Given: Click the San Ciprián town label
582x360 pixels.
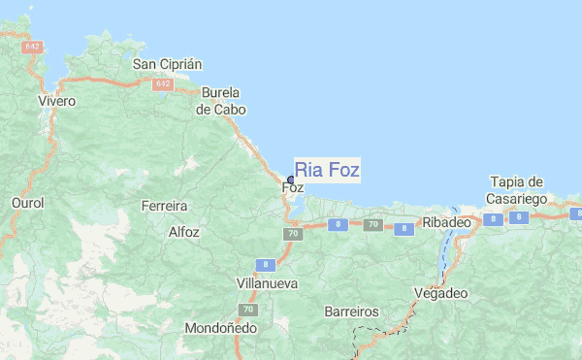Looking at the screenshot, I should [167, 64].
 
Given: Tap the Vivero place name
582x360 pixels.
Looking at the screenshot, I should [56, 100].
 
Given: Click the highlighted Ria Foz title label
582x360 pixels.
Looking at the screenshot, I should [328, 170].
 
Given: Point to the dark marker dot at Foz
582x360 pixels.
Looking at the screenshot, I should [291, 180].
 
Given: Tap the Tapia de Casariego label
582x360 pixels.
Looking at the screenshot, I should [519, 190].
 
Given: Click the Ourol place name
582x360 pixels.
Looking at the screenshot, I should [27, 203].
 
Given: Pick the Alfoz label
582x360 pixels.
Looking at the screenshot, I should [183, 232].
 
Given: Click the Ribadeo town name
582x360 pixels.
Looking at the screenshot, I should [446, 222].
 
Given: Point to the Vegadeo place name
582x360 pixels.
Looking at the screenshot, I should [440, 292].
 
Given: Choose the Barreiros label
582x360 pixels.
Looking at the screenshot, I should [351, 312].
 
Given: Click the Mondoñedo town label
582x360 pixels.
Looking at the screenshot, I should [220, 328].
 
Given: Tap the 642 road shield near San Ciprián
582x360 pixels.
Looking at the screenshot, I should [162, 84].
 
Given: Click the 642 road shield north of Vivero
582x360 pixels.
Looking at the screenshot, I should [33, 46].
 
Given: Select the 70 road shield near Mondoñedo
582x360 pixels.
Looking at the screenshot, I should [249, 310].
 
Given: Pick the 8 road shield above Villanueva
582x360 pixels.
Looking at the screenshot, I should [266, 264].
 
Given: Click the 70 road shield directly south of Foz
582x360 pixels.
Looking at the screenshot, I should [292, 234].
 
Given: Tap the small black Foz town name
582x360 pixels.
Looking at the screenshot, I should [293, 187].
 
